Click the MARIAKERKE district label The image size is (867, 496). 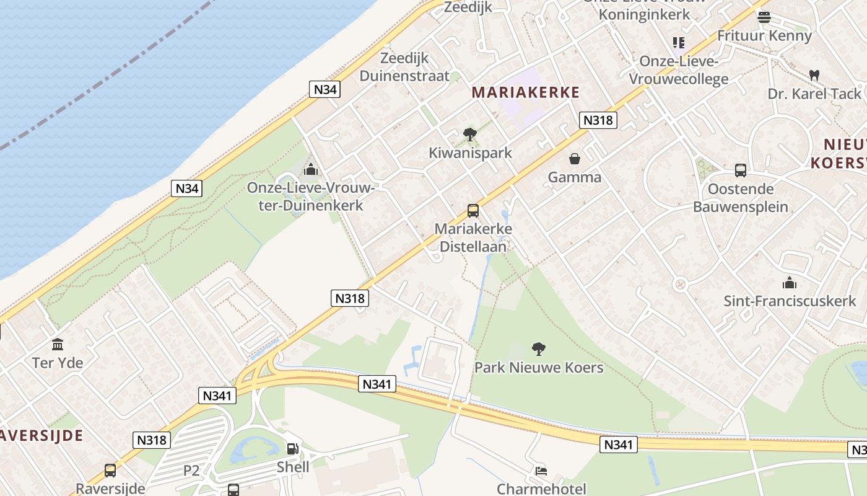point(526,93)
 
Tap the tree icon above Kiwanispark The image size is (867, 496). point(470,134)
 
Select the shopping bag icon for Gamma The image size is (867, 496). point(575,159)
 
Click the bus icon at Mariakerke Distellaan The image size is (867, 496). point(473,211)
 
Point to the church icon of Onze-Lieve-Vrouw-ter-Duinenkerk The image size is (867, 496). point(310,169)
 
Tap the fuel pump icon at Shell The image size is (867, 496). point(292,448)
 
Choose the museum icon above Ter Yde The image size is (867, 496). point(58,344)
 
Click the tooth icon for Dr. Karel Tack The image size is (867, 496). point(814,75)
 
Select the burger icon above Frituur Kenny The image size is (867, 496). point(764,17)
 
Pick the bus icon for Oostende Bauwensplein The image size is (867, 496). point(740,170)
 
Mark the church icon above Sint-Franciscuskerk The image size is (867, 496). point(789,283)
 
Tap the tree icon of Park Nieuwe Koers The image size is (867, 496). point(539,349)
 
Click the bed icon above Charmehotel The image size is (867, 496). point(541,471)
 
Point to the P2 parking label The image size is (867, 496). point(191,471)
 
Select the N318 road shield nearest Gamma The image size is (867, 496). point(598,120)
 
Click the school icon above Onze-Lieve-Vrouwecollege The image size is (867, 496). point(678,43)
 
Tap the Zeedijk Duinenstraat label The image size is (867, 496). point(404,67)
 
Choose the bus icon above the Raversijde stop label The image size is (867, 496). point(110,471)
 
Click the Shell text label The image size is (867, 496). point(293,467)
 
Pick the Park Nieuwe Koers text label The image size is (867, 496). point(539,368)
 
